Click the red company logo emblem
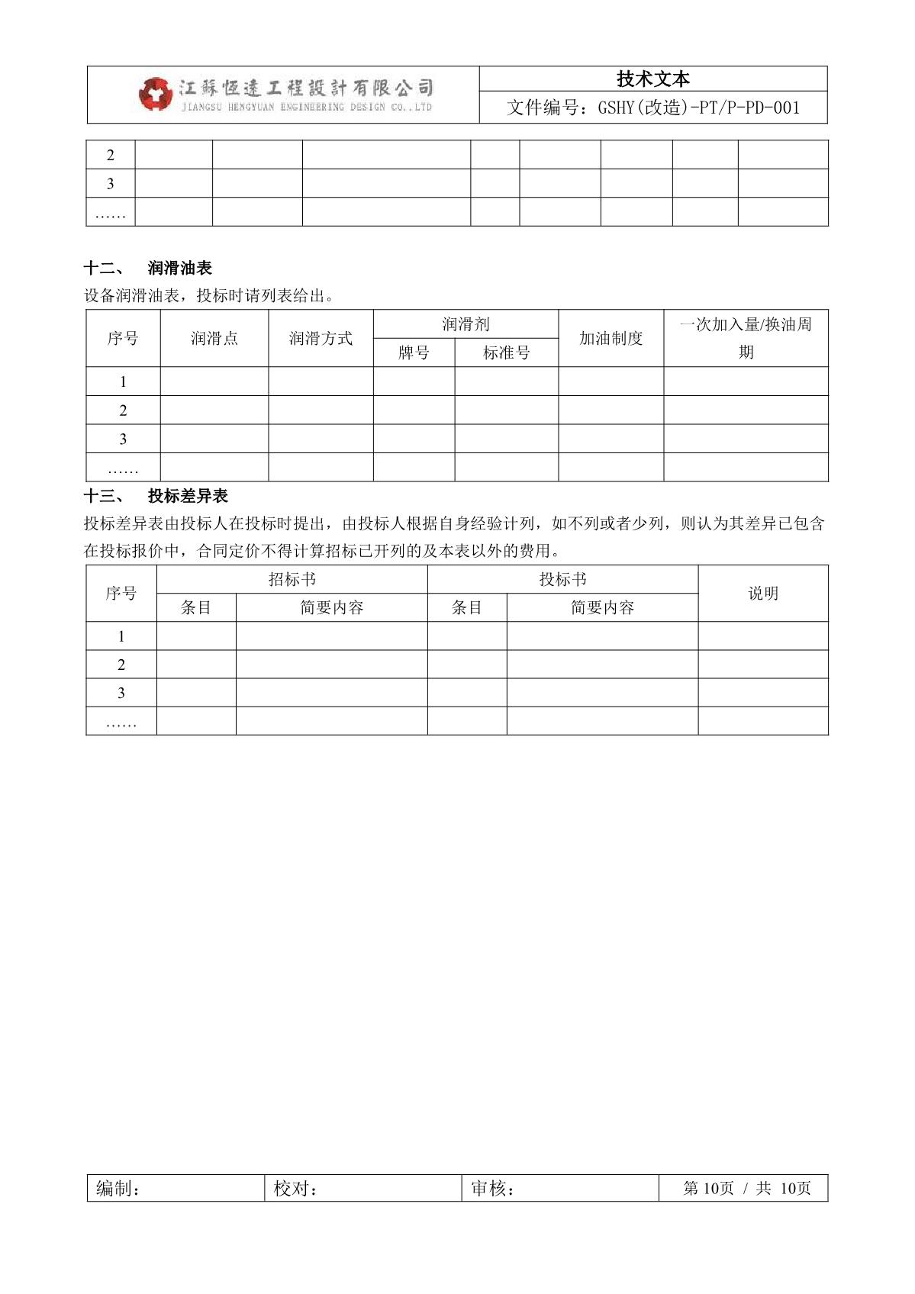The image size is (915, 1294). [155, 94]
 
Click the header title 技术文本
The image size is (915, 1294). [653, 79]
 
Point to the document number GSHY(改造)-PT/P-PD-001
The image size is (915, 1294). [653, 108]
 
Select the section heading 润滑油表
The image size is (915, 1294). [180, 269]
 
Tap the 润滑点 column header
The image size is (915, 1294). [214, 338]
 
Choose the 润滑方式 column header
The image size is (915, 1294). [321, 338]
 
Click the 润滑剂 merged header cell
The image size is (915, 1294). [466, 324]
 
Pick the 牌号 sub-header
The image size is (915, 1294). [414, 352]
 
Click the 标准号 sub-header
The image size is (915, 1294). [507, 352]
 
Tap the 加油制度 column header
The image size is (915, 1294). [611, 338]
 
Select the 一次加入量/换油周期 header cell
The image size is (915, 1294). [746, 338]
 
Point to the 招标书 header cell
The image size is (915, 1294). [292, 579]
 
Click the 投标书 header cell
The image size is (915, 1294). [562, 579]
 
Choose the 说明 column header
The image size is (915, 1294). [763, 594]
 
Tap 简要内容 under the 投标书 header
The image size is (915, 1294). [602, 607]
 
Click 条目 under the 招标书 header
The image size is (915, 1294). [196, 607]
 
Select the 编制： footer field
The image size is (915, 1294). [118, 1189]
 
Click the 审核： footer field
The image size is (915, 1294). [493, 1189]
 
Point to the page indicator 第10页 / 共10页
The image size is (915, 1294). [746, 1189]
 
